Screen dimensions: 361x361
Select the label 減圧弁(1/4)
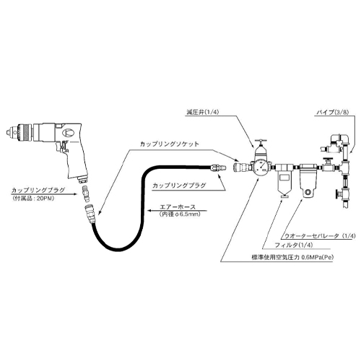[203, 113]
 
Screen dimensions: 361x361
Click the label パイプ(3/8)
[333, 113]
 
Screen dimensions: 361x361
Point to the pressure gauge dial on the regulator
[261, 167]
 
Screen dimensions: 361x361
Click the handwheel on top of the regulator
[261, 141]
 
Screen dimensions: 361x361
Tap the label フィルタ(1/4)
[293, 245]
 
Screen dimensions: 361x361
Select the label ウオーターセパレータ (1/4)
[320, 236]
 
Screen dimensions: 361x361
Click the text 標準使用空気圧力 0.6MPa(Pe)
[292, 257]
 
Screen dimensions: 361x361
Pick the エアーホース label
[178, 207]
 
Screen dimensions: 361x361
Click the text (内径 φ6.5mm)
[180, 214]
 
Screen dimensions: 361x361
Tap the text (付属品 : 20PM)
[33, 199]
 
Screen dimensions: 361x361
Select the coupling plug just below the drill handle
[85, 192]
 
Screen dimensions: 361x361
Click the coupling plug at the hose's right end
[218, 167]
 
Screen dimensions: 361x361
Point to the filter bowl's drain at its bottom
[285, 196]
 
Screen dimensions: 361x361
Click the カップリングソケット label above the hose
[170, 144]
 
